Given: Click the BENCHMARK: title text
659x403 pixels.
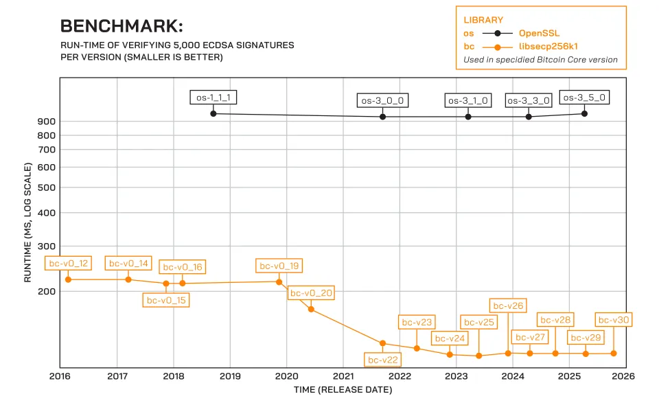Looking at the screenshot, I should click(x=122, y=26).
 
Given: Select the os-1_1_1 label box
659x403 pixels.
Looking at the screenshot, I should click(x=213, y=97).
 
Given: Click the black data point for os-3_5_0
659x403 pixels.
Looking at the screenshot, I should click(x=584, y=113).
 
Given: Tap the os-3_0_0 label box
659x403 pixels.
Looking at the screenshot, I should click(x=382, y=100).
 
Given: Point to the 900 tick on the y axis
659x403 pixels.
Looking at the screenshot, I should click(x=47, y=122).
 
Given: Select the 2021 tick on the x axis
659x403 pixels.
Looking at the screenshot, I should click(x=343, y=376).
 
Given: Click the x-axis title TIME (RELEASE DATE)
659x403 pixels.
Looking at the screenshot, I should click(x=343, y=390).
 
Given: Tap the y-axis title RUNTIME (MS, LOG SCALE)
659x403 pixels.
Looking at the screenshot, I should click(x=28, y=222).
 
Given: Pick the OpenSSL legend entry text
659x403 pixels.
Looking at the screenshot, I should click(x=540, y=33).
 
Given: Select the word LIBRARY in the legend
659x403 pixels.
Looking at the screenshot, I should click(x=483, y=20).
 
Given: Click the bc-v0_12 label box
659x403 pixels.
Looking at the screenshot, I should click(x=68, y=263).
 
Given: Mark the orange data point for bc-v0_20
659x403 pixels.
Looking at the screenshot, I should click(x=311, y=309).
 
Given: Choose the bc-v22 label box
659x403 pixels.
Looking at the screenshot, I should click(x=382, y=359).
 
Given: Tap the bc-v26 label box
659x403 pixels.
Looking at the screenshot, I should click(x=508, y=306).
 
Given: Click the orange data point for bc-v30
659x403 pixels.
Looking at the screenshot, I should click(x=613, y=353).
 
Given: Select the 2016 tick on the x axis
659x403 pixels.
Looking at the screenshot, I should click(x=60, y=376).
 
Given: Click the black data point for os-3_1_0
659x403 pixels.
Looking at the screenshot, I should click(x=468, y=117).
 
